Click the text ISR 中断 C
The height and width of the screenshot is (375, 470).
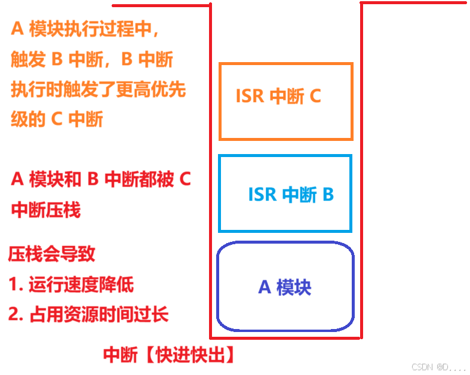click(x=278, y=96)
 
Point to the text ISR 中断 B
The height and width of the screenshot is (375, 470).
click(x=291, y=194)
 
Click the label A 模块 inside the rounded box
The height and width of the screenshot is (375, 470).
click(x=285, y=287)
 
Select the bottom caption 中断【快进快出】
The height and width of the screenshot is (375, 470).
click(x=169, y=356)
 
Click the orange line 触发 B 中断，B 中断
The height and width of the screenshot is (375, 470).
click(x=92, y=60)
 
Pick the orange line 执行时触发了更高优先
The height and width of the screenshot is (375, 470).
click(x=99, y=90)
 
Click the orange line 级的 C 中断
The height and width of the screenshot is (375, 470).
click(x=57, y=119)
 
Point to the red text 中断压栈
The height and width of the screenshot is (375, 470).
click(x=45, y=210)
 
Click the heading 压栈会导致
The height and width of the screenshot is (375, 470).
click(x=51, y=255)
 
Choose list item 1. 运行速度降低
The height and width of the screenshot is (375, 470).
click(x=72, y=285)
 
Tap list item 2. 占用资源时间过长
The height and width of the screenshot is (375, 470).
click(x=88, y=315)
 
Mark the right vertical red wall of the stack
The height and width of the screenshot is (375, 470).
click(x=361, y=179)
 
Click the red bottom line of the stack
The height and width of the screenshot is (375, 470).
click(x=285, y=339)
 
